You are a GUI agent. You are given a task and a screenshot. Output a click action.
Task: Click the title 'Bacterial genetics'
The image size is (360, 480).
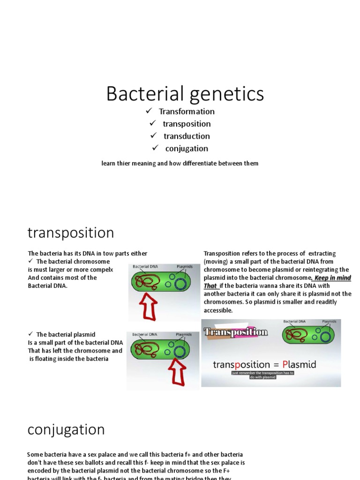185,93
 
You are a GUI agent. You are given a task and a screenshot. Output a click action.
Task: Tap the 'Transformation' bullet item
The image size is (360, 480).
187,112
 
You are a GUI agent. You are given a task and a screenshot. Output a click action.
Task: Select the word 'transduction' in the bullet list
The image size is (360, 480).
187,136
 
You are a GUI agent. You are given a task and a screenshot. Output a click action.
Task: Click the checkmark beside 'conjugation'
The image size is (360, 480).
156,148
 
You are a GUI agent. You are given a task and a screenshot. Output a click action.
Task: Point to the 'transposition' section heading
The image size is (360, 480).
71,232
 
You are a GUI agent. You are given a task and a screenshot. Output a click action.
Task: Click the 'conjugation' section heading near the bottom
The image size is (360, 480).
66,429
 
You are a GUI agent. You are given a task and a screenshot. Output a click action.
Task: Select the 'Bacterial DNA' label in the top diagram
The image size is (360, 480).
145,267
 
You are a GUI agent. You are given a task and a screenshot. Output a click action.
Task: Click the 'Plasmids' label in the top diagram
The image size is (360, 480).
184,267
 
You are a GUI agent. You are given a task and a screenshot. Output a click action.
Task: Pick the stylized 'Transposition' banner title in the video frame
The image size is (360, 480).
236,332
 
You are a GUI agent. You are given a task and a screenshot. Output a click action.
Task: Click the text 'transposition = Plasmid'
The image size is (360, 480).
264,364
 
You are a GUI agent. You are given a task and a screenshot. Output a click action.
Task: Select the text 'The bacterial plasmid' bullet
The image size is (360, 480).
66,334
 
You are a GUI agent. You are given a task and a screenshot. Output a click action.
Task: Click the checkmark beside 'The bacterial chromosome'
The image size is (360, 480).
30,262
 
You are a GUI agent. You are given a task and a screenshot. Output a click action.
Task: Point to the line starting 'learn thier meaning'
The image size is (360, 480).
180,164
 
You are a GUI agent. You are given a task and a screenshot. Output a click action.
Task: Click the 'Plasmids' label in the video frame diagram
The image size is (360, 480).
329,322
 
